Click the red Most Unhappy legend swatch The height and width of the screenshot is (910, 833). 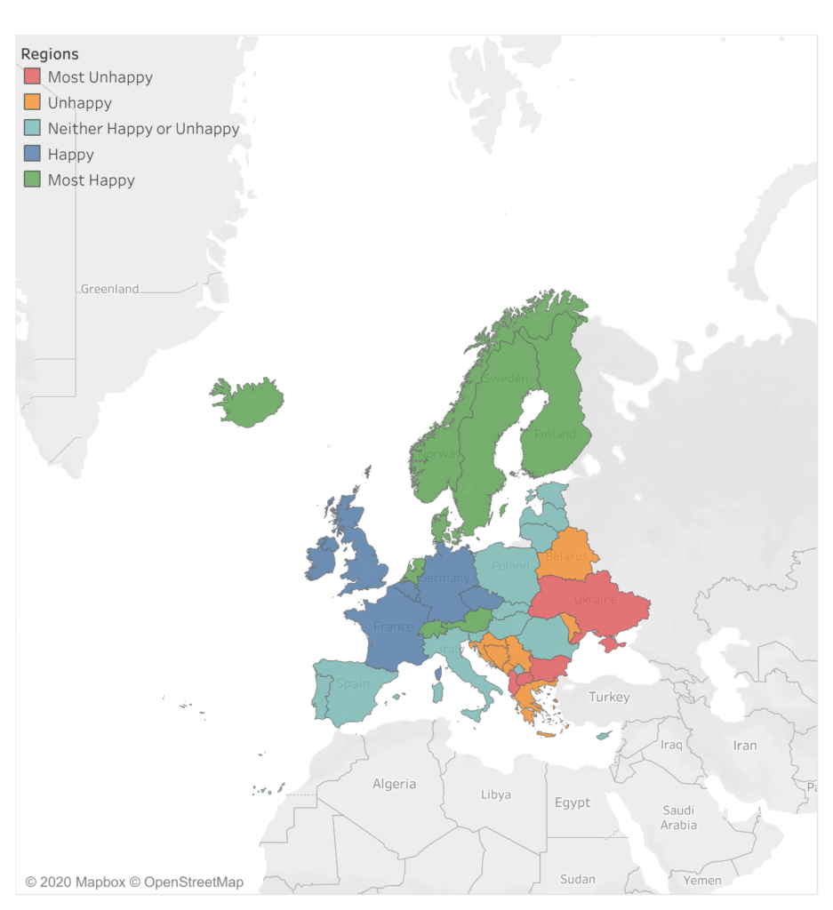32,77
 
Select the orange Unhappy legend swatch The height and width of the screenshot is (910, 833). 32,103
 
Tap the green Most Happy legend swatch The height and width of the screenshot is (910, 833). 32,180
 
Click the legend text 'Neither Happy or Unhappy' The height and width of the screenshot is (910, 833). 143,129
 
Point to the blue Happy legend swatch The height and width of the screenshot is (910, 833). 32,155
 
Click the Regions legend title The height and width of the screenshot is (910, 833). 50,54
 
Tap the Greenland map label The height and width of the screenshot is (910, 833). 110,289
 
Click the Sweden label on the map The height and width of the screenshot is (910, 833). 505,379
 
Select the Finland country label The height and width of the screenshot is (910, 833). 555,435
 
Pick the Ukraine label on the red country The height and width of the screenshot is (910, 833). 595,601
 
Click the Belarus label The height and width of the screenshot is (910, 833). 566,556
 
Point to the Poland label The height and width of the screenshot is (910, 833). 510,566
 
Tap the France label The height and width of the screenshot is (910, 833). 393,627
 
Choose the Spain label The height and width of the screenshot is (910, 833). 353,684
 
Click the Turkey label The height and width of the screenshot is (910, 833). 609,697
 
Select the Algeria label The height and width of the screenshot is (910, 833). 394,784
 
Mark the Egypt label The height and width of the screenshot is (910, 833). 572,802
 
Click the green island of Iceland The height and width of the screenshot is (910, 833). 248,402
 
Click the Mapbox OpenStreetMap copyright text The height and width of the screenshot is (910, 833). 134,882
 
